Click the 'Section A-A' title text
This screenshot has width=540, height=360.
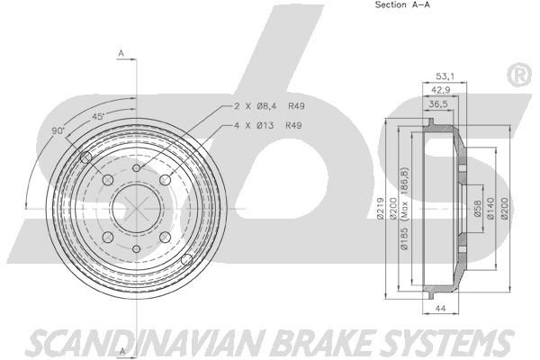click(x=402, y=4)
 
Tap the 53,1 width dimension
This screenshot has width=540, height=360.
click(x=445, y=76)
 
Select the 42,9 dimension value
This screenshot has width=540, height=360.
click(x=441, y=90)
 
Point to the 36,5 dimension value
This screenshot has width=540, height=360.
click(x=437, y=104)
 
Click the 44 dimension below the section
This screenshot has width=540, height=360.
click(x=441, y=309)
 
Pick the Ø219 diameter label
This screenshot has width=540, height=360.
click(x=381, y=208)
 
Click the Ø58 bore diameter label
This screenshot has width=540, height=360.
click(x=477, y=209)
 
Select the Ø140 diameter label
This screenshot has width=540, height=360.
click(x=491, y=208)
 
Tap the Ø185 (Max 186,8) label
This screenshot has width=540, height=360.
click(x=404, y=209)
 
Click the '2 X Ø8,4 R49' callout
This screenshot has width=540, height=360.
click(x=269, y=106)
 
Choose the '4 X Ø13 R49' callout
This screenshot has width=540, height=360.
click(x=268, y=125)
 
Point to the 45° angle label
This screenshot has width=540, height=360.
click(x=98, y=116)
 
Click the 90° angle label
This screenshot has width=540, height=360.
click(x=58, y=130)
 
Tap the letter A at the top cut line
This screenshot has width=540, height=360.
click(x=121, y=53)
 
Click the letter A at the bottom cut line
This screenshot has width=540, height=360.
click(x=121, y=351)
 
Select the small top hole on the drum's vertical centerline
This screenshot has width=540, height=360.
click(x=137, y=168)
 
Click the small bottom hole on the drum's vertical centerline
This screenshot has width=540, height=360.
click(x=137, y=249)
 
